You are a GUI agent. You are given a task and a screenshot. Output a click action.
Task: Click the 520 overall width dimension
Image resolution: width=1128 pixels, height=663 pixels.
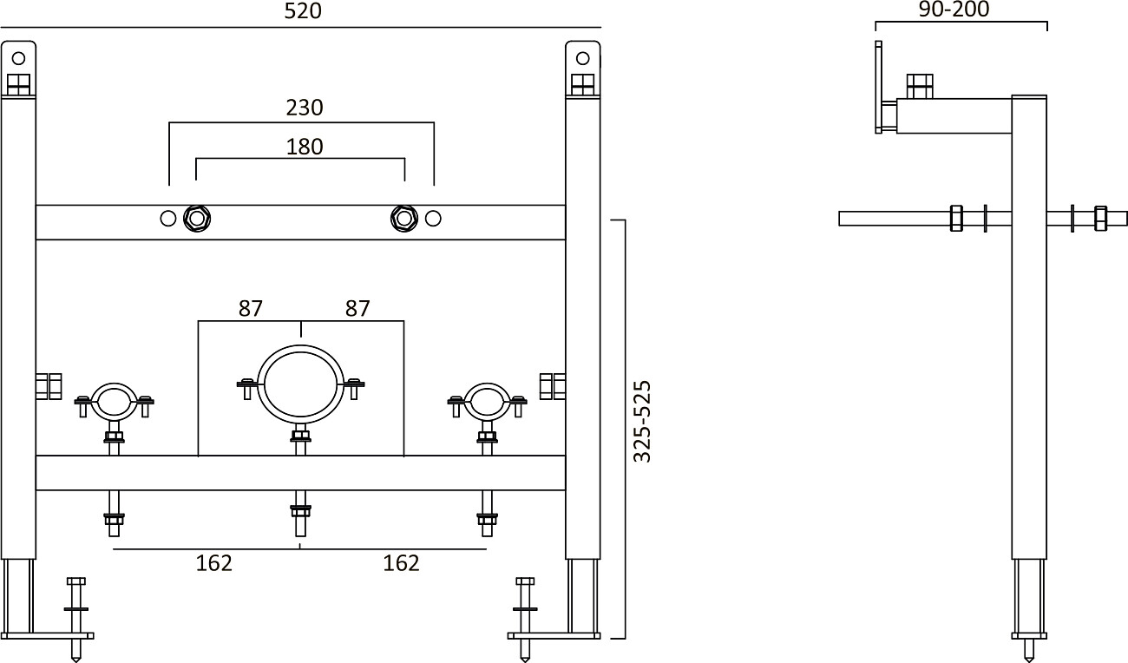[303, 11]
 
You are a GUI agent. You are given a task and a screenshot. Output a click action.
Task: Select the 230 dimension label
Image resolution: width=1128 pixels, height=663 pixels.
[304, 108]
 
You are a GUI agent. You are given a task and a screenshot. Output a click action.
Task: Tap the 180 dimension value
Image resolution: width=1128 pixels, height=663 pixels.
[304, 147]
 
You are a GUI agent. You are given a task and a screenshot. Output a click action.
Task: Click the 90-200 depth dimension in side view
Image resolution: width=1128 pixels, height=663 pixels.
[953, 10]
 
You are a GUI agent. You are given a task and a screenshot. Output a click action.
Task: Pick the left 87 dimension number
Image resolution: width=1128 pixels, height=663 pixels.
[251, 308]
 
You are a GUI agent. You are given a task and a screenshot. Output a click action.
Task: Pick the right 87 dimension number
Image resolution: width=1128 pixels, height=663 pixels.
[357, 308]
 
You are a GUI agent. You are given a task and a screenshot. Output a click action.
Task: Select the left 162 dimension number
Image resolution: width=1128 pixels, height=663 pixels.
[213, 563]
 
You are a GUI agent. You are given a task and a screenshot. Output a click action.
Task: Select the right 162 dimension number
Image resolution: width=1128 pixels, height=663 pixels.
[401, 563]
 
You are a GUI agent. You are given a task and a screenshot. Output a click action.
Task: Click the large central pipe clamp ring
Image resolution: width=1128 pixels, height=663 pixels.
[300, 384]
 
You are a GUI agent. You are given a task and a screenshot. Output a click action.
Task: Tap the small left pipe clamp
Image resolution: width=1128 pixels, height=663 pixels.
[114, 402]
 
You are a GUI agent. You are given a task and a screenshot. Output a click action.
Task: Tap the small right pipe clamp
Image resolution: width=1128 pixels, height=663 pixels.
[487, 402]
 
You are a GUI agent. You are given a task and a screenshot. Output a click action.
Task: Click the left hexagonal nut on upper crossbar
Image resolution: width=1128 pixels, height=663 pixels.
[197, 219]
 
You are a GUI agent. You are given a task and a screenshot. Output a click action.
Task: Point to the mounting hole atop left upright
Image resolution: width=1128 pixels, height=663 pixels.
[18, 58]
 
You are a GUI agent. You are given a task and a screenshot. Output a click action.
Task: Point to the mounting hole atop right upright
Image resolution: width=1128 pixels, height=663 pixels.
[582, 58]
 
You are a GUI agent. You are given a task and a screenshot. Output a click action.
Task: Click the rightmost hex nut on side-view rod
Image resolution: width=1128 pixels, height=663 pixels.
[1101, 219]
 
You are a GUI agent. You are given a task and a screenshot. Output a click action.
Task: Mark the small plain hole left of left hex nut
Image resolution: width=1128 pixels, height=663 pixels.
[168, 219]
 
